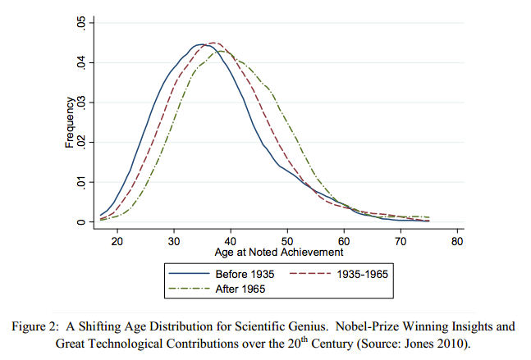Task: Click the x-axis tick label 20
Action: tap(117, 242)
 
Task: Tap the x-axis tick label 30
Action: tap(174, 242)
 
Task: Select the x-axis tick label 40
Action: tap(231, 242)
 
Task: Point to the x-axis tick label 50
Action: tap(287, 242)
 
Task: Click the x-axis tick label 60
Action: tap(344, 242)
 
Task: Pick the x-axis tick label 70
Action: tap(401, 242)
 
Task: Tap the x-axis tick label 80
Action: tap(457, 242)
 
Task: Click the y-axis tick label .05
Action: tap(81, 22)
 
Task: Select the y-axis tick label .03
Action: tap(81, 103)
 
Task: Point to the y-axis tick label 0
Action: tap(81, 221)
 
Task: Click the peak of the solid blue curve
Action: tap(200, 44)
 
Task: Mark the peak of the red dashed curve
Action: tap(213, 43)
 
